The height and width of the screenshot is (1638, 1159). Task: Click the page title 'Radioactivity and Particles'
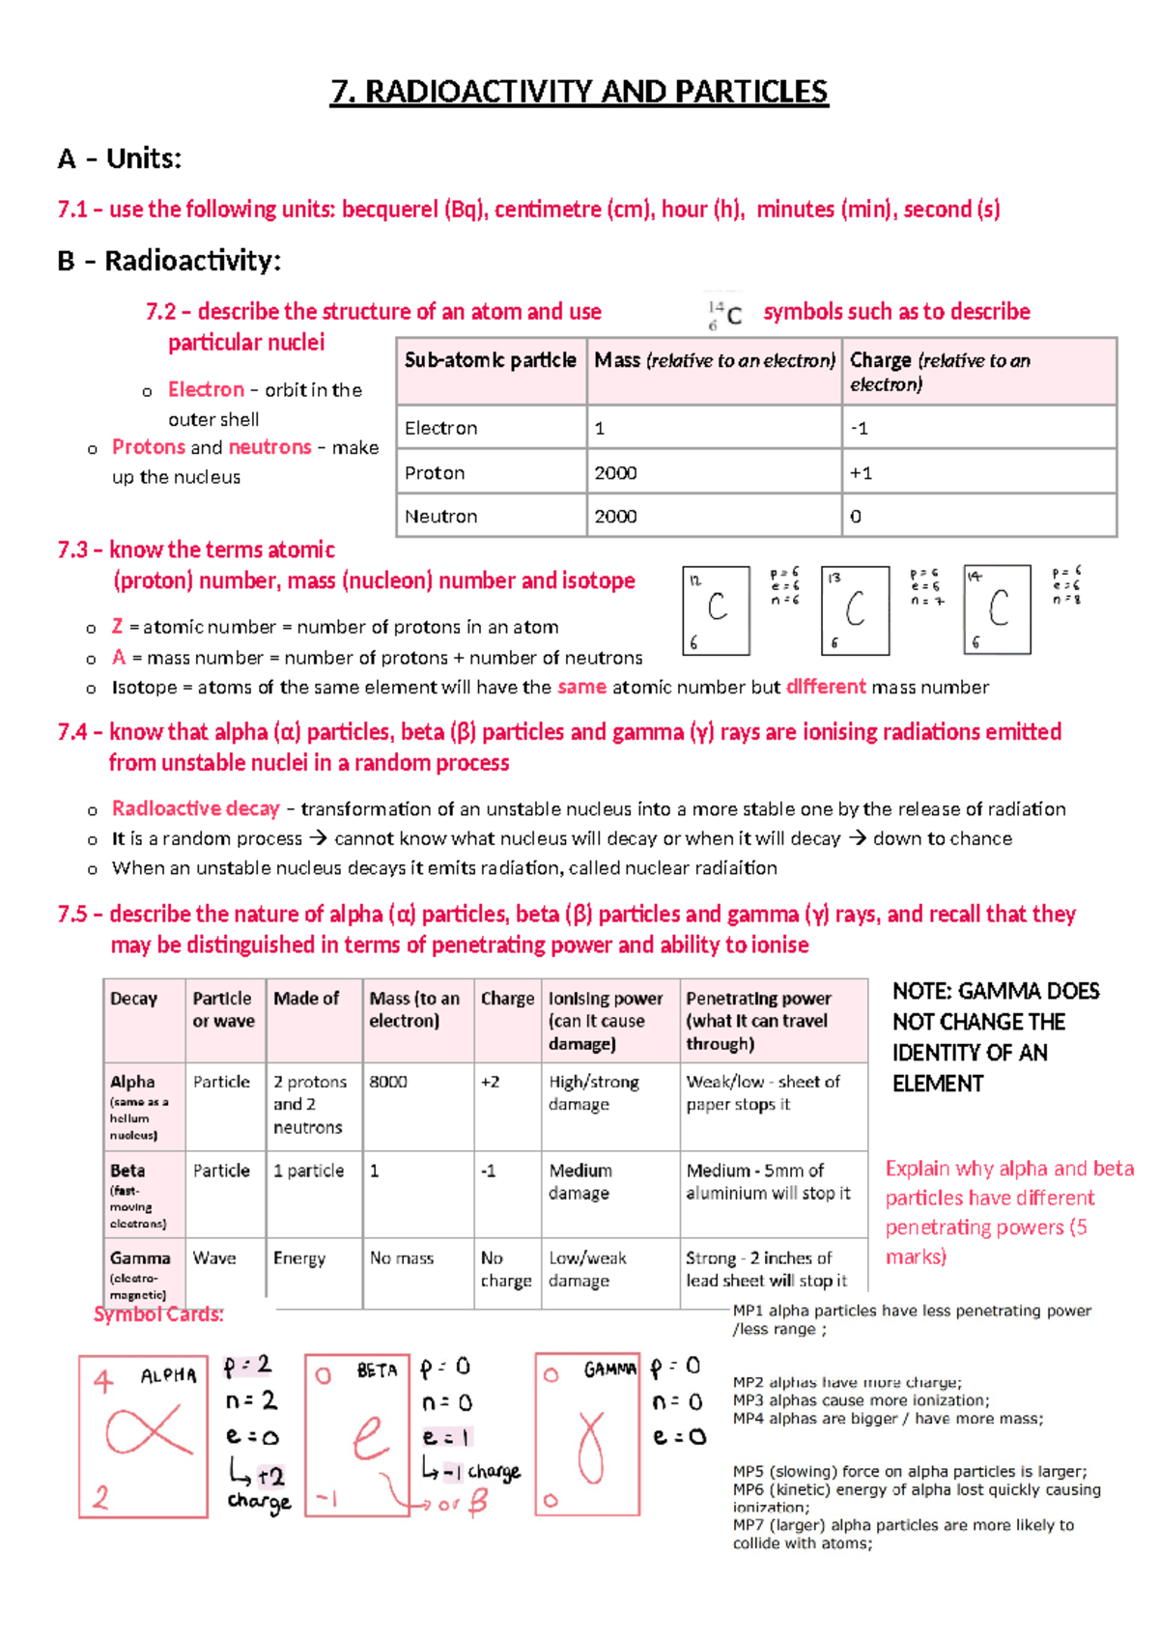pyautogui.click(x=579, y=92)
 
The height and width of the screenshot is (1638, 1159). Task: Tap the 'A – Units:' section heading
pyautogui.click(x=120, y=158)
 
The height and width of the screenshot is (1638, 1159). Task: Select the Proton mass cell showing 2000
pyautogui.click(x=616, y=472)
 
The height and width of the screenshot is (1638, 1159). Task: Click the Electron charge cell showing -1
pyautogui.click(x=860, y=428)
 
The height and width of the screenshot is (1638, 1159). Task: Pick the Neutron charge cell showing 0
pyautogui.click(x=856, y=517)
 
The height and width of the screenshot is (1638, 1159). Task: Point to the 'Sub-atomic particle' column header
pyautogui.click(x=491, y=360)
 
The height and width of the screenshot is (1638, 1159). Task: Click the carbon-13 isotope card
pyautogui.click(x=855, y=610)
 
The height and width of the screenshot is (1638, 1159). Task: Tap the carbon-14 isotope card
pyautogui.click(x=997, y=610)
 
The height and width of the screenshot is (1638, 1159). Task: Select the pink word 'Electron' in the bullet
pyautogui.click(x=206, y=389)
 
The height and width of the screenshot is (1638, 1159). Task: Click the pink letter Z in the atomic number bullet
pyautogui.click(x=117, y=627)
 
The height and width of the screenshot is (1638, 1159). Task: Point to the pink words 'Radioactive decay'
pyautogui.click(x=195, y=808)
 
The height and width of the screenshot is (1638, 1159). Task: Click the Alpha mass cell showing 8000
pyautogui.click(x=388, y=1082)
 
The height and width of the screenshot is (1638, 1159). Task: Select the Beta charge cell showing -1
pyautogui.click(x=489, y=1171)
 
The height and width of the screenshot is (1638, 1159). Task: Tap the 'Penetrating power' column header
pyautogui.click(x=758, y=999)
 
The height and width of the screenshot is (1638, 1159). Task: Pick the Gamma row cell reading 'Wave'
pyautogui.click(x=214, y=1258)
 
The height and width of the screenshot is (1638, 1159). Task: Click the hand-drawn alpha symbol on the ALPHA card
pyautogui.click(x=147, y=1432)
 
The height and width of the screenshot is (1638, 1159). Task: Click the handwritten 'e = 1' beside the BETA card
pyautogui.click(x=446, y=1437)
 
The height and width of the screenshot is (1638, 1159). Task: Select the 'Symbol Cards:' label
pyautogui.click(x=158, y=1314)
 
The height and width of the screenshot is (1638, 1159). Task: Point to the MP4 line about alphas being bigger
pyautogui.click(x=888, y=1419)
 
